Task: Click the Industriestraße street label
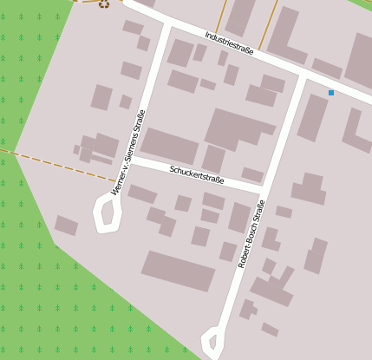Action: (229, 44)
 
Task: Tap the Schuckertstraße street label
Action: (197, 174)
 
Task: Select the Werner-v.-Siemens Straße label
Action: (127, 152)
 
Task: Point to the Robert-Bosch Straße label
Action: (251, 232)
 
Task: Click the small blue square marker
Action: (330, 92)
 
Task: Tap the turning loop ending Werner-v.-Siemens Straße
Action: (107, 214)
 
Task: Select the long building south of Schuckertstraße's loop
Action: (178, 271)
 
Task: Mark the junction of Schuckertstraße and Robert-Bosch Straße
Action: (264, 187)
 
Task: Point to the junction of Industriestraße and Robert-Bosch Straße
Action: (302, 77)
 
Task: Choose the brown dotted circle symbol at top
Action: (104, 3)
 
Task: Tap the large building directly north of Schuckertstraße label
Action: (169, 145)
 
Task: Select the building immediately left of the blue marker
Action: (313, 117)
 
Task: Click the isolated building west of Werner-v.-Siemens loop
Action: (66, 226)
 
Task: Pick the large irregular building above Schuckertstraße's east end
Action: (236, 128)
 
